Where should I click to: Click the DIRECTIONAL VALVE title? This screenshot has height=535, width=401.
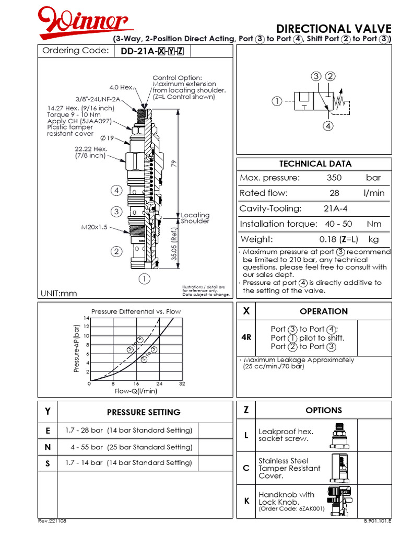[333, 28]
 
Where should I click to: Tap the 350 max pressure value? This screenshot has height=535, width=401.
[334, 178]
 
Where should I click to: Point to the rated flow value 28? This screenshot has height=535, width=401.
[334, 193]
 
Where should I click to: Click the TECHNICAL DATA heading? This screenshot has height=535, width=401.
[315, 164]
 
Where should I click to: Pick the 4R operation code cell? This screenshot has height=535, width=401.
[247, 338]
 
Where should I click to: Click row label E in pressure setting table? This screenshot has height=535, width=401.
[48, 431]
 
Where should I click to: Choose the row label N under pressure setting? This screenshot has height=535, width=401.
[48, 448]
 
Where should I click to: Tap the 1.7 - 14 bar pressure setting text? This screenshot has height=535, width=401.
[128, 463]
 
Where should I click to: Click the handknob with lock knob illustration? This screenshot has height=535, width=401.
[339, 498]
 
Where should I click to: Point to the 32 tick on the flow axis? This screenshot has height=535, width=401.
[182, 384]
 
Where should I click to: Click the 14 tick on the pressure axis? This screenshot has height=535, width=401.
[87, 318]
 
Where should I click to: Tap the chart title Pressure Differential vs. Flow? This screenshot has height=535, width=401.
[136, 311]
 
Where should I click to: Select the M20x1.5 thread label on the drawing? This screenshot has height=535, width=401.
[94, 227]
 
